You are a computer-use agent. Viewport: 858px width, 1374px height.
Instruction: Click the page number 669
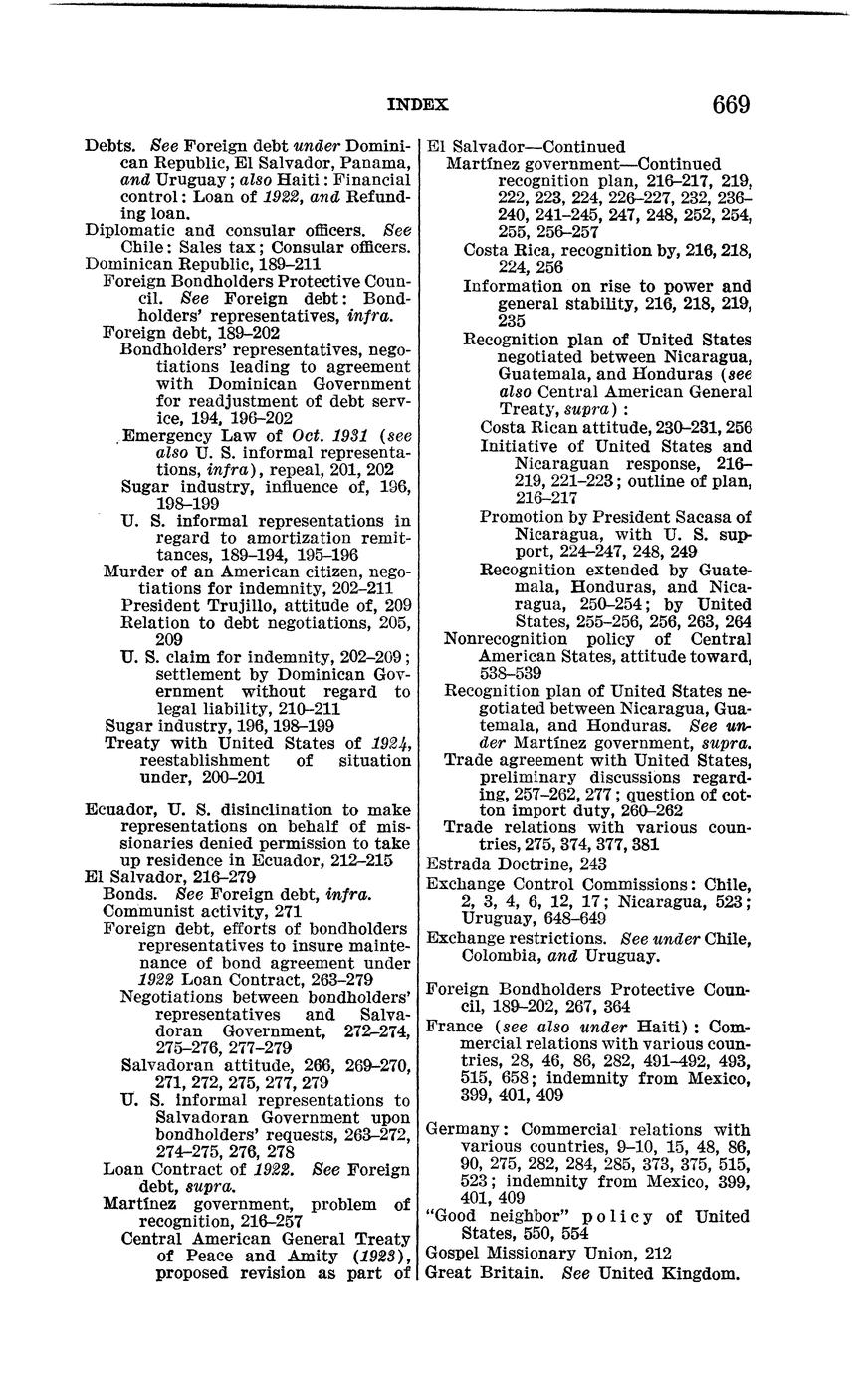point(730,105)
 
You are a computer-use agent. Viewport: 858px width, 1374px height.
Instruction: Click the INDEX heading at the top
point(417,104)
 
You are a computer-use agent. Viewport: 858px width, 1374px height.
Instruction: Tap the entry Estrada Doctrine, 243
point(517,864)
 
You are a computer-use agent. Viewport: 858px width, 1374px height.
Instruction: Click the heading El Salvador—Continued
point(526,146)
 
